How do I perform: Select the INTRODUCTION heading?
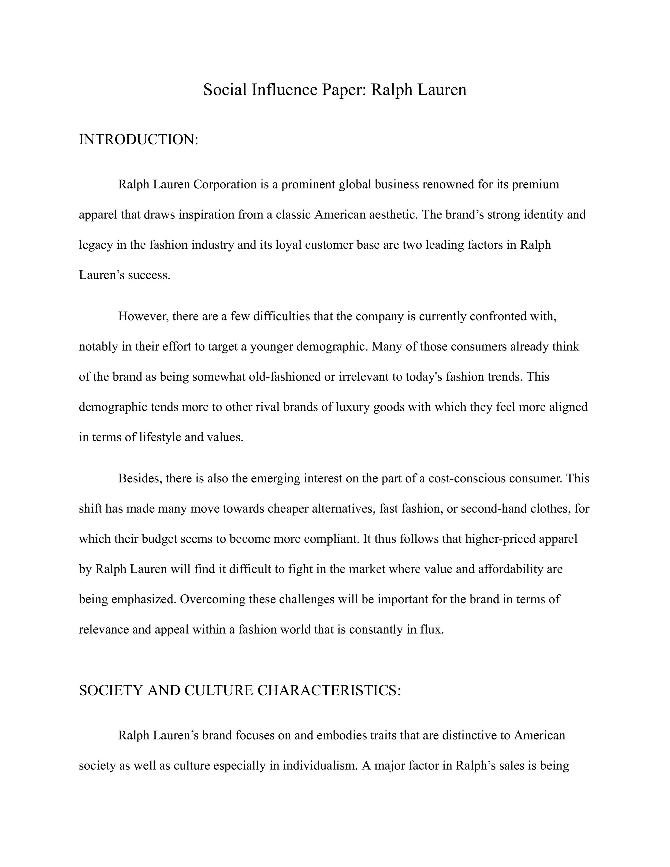click(x=138, y=140)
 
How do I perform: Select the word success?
click(x=149, y=275)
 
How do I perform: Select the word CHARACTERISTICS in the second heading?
click(x=329, y=690)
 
